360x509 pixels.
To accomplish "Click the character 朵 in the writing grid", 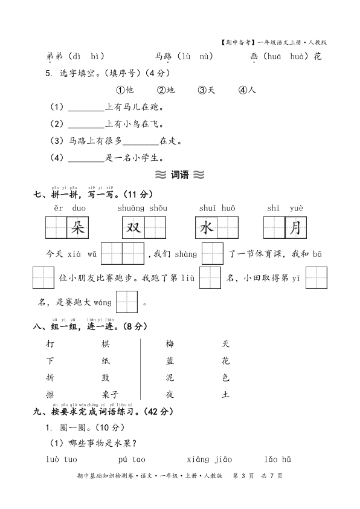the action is [77, 228].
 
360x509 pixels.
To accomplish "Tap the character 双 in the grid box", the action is [133, 228].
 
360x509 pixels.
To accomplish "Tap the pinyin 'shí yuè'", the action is [285, 208].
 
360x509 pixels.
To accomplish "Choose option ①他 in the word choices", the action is [124, 90].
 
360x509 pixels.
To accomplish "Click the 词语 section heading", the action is [180, 175].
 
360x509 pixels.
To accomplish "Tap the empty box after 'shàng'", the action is [212, 254].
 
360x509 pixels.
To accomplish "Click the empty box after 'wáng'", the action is [127, 302].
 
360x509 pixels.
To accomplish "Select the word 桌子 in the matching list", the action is [111, 395].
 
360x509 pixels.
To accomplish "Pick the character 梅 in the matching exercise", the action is [170, 344].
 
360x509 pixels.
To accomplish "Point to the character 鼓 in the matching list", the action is [106, 378].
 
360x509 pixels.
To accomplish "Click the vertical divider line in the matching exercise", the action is [140, 369].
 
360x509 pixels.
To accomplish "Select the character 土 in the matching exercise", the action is [226, 395].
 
